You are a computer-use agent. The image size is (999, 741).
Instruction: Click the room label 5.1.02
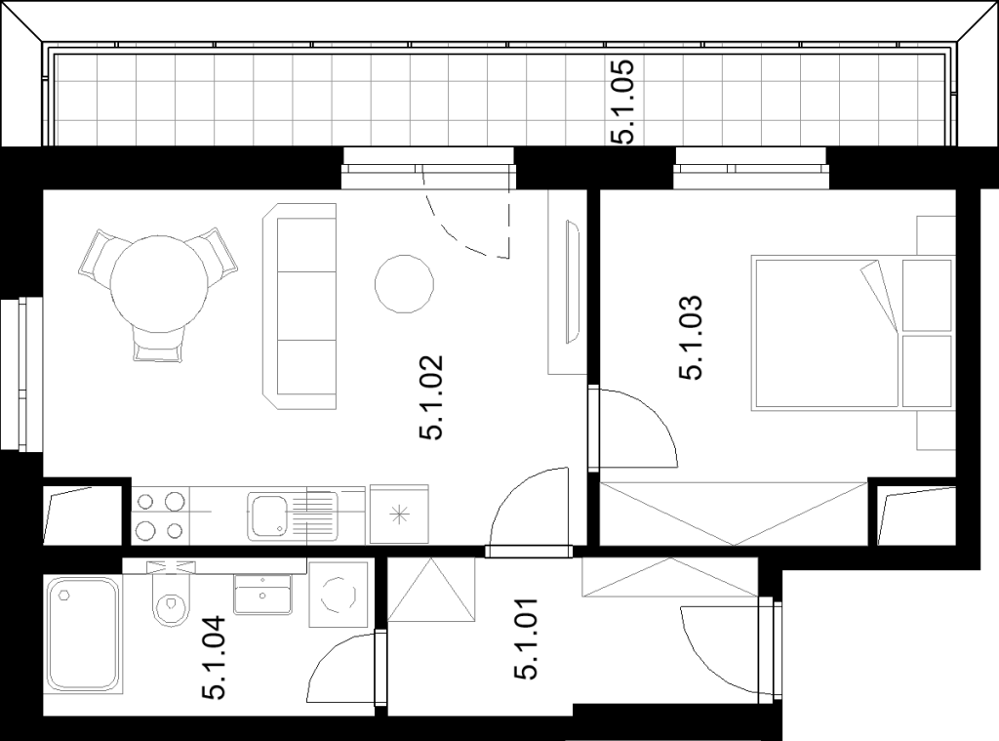point(431,397)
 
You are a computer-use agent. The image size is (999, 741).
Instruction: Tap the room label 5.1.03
point(691,338)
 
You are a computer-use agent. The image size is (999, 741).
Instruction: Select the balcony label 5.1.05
point(622,102)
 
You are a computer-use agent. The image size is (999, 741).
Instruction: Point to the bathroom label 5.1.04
point(214,657)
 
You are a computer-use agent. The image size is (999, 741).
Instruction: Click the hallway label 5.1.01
point(526,638)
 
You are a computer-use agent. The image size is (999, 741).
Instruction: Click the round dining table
point(159,284)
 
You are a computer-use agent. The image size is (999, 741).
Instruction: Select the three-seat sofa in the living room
point(300,307)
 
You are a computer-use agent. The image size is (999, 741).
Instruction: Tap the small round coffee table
point(404,284)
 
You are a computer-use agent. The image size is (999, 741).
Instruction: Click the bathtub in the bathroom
point(84,634)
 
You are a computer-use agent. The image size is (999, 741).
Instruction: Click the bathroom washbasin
point(263,595)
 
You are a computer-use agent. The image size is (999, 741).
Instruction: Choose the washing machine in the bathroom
point(339,595)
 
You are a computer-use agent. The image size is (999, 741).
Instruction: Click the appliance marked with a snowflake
point(399,514)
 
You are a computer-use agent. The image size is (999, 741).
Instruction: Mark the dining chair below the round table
point(159,345)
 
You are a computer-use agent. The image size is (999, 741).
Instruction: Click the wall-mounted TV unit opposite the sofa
point(572,281)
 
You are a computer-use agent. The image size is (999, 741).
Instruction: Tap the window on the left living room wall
point(21,375)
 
